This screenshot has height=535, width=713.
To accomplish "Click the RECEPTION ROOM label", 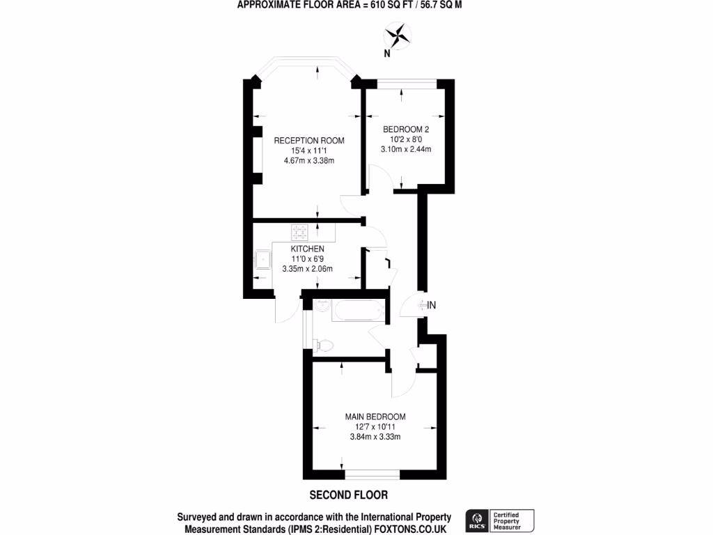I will pyautogui.click(x=308, y=140).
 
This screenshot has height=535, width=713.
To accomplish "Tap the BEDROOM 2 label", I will pyautogui.click(x=406, y=129).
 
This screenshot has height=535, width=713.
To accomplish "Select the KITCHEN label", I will pyautogui.click(x=307, y=249).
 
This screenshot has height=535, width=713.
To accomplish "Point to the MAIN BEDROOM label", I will pyautogui.click(x=375, y=417).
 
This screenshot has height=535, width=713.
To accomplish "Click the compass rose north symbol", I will pyautogui.click(x=398, y=34).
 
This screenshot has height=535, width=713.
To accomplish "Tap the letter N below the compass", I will pyautogui.click(x=386, y=53).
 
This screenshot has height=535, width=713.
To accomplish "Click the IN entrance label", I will pyautogui.click(x=432, y=304).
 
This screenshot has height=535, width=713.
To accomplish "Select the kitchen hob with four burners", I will pyautogui.click(x=301, y=231).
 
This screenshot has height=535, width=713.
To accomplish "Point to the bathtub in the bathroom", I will pyautogui.click(x=356, y=310).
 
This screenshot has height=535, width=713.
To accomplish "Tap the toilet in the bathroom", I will pyautogui.click(x=324, y=343).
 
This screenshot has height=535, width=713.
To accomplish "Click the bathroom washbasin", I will pyautogui.click(x=323, y=307).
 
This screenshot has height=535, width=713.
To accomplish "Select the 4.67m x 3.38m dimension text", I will pyautogui.click(x=308, y=161).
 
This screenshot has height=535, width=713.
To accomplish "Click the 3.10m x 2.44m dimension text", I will pyautogui.click(x=406, y=148).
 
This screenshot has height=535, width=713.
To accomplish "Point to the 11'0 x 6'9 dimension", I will pyautogui.click(x=307, y=258).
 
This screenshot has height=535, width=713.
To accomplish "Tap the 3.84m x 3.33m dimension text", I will pyautogui.click(x=375, y=437).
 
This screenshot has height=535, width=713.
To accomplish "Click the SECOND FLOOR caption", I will pyautogui.click(x=348, y=495).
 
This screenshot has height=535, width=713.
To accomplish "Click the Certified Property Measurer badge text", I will pyautogui.click(x=512, y=521).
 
